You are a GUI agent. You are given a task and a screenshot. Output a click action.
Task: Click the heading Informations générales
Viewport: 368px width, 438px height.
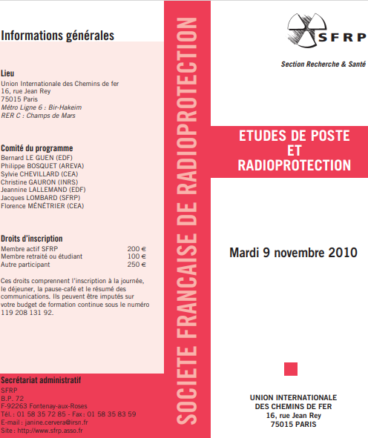[58, 35]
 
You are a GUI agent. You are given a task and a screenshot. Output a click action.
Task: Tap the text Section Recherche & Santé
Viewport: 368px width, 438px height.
[322, 64]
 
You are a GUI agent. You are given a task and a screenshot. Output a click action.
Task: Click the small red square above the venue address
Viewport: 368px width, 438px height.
[292, 368]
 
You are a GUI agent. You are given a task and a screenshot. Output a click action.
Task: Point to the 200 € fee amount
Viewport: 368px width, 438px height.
[137, 249]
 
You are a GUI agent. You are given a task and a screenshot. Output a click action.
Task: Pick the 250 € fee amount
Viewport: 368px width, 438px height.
[137, 264]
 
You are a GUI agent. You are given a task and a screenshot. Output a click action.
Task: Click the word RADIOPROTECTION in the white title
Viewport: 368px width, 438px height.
[295, 165]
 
